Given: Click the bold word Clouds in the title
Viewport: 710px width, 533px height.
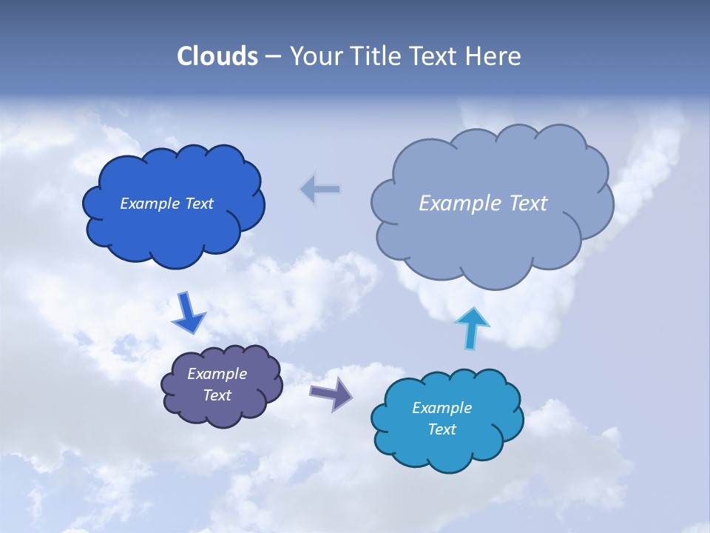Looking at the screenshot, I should pos(217,56).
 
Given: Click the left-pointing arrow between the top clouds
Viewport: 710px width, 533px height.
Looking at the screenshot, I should pos(320,190).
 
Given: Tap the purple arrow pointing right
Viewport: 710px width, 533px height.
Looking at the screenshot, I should pos(331,393).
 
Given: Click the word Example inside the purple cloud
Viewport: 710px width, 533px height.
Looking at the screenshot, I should pos(217,374).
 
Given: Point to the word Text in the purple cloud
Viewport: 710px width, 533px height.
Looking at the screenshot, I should pos(217,395).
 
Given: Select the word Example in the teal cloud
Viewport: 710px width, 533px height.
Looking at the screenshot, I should pos(442,408).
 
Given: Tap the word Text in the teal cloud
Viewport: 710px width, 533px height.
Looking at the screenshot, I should pos(442,429).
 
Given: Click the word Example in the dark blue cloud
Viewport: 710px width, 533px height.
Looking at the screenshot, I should pos(150,204).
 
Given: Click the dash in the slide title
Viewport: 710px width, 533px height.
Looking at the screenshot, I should pos(273,57).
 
